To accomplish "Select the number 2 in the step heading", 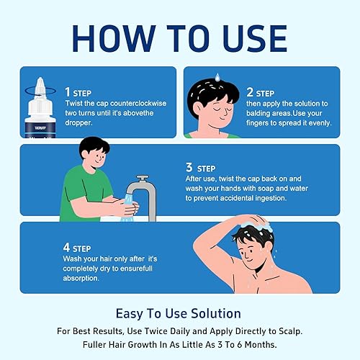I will coord(249,92).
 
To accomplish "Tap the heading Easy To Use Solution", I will coord(179,313).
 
